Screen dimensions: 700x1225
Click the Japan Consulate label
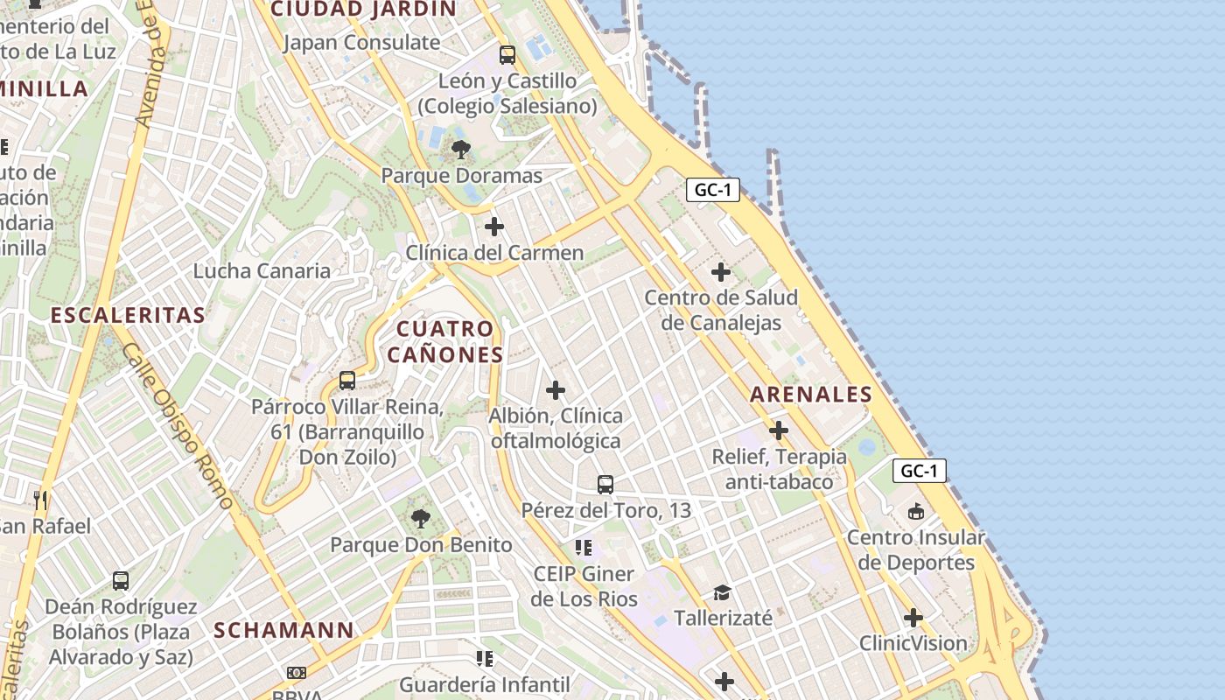pos(361,42)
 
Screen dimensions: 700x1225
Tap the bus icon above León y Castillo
pos(507,55)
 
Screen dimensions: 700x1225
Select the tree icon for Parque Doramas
pos(461,150)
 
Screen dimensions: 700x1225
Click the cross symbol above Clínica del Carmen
pos(494,227)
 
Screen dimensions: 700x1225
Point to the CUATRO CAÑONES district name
pos(445,341)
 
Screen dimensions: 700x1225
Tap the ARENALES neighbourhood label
pos(811,395)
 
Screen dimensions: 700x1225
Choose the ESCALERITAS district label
pos(128,315)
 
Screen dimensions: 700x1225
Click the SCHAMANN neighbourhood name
pos(283,630)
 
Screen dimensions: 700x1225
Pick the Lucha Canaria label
pos(262,270)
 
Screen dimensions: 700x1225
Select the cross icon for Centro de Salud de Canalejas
pos(721,272)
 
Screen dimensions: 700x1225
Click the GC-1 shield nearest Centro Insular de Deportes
pos(920,471)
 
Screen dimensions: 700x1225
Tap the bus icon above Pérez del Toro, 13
pos(605,484)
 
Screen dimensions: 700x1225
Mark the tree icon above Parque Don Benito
pos(421,519)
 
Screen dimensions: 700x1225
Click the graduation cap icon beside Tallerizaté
pos(722,592)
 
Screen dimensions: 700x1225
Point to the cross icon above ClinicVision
pos(913,618)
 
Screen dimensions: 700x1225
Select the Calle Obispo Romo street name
pos(178,426)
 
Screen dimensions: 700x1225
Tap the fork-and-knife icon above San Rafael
pos(40,500)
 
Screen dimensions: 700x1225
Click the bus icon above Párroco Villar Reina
pos(347,381)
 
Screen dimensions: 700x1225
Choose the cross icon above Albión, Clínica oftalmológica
pos(556,390)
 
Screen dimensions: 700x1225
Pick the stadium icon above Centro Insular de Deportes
pos(916,511)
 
